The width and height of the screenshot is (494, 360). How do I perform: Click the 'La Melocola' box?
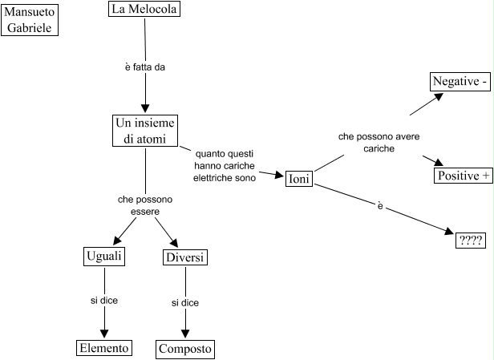[145, 10]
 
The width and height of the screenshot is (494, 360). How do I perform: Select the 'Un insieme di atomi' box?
[145, 131]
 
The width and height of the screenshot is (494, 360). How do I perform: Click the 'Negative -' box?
[460, 82]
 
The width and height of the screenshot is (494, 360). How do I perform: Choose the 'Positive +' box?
[464, 176]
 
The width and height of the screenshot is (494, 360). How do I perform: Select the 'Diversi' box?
[184, 257]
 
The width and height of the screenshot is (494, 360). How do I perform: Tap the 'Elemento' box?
[103, 348]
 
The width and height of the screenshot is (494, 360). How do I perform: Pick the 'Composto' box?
[185, 349]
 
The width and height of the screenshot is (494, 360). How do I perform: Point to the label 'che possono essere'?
[145, 205]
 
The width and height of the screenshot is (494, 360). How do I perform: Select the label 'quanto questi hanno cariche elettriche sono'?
[225, 164]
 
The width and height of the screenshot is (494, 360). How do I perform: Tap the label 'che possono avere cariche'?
[379, 143]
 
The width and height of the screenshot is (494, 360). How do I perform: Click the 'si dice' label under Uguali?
[103, 301]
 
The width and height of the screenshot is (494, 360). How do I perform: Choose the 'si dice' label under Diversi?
[185, 302]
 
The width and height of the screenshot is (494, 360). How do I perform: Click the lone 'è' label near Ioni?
[379, 206]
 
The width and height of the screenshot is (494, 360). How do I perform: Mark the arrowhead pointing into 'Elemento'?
[103, 335]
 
